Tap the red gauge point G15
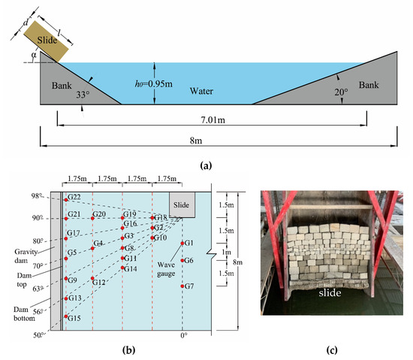65,319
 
